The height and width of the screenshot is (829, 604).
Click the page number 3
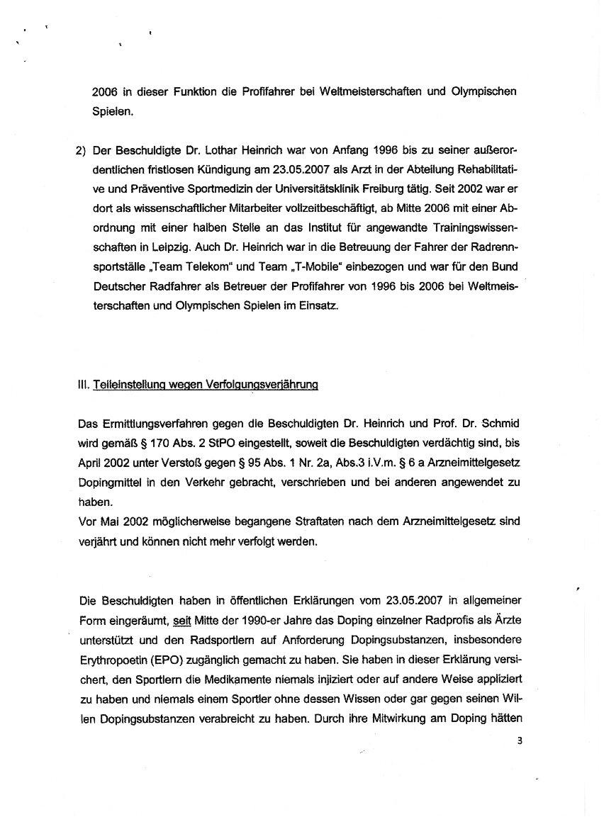(x=519, y=742)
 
